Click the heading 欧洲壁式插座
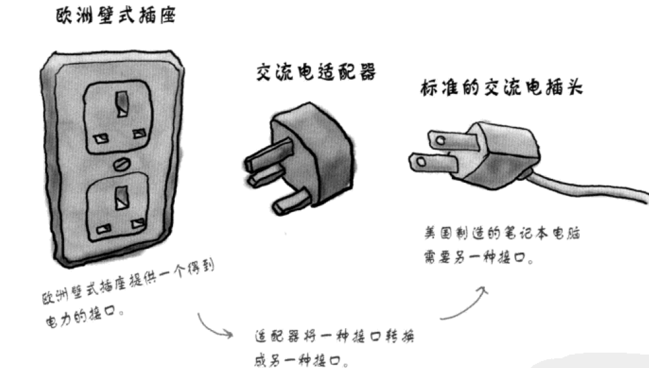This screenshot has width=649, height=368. pos(114,17)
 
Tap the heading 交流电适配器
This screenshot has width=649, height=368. pos(315,73)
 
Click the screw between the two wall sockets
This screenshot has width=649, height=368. pos(120,164)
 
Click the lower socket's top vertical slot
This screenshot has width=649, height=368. pos(120,198)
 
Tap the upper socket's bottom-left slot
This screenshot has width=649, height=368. pos(99,137)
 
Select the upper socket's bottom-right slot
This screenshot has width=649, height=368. pos(139,134)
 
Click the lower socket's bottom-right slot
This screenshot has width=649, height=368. pos(136,225)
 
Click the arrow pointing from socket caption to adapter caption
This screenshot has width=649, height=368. pos(213,325)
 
